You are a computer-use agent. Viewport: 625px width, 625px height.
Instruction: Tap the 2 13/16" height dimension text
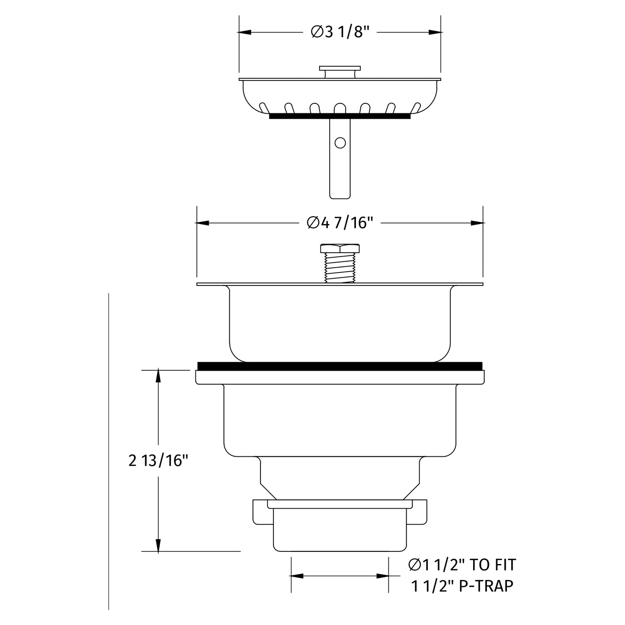pyautogui.click(x=159, y=461)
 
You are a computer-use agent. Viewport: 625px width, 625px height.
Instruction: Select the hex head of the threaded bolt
pyautogui.click(x=340, y=249)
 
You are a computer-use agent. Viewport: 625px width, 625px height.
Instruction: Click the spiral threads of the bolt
pyautogui.click(x=340, y=268)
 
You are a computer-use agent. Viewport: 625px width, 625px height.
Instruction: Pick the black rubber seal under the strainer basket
pyautogui.click(x=340, y=116)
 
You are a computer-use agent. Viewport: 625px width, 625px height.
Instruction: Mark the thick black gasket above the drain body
pyautogui.click(x=340, y=366)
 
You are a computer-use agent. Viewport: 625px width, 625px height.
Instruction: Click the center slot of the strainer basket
pyautogui.click(x=340, y=107)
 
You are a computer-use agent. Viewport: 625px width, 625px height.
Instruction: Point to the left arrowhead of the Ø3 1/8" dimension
pyautogui.click(x=245, y=32)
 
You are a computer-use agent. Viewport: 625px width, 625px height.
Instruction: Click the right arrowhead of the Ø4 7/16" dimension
pyautogui.click(x=477, y=223)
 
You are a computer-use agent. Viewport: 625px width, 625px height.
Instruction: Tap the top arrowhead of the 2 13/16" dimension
pyautogui.click(x=159, y=375)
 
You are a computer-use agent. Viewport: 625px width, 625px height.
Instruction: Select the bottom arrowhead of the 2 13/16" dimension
pyautogui.click(x=159, y=546)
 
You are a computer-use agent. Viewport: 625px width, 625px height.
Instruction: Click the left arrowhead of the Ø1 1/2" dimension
pyautogui.click(x=296, y=576)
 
